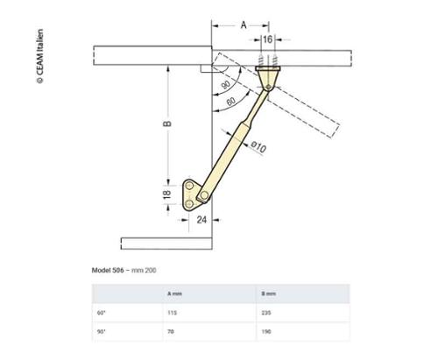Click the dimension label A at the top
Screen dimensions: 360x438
pyautogui.click(x=243, y=25)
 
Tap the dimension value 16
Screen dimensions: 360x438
pyautogui.click(x=267, y=39)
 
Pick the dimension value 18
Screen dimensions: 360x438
pyautogui.click(x=167, y=194)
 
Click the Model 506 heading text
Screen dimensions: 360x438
pyautogui.click(x=124, y=271)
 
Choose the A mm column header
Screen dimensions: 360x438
pyautogui.click(x=174, y=293)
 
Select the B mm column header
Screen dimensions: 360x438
pyautogui.click(x=268, y=293)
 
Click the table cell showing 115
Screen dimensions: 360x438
pyautogui.click(x=172, y=312)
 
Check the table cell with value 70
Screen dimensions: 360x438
pyautogui.click(x=171, y=333)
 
